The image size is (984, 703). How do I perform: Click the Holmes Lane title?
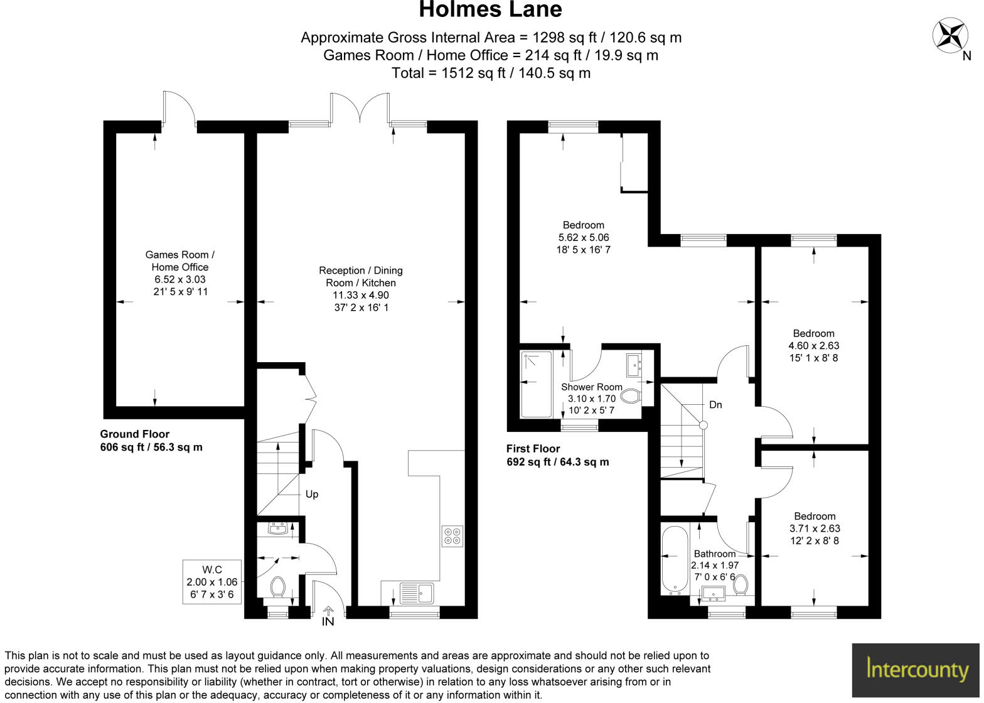tap(490, 10)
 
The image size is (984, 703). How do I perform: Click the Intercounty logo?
tap(917, 669)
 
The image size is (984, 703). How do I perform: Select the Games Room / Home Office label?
tap(180, 273)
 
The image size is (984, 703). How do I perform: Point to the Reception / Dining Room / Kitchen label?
tap(361, 289)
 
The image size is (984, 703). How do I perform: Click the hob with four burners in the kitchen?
tap(452, 535)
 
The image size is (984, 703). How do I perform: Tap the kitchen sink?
tap(416, 593)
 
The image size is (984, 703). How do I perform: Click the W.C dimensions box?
tap(212, 582)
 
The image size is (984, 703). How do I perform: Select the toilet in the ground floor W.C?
tap(277, 588)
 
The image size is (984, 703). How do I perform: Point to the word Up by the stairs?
tap(312, 494)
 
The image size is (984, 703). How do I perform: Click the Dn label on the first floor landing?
tap(715, 405)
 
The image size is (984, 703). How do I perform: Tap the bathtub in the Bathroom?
tap(675, 559)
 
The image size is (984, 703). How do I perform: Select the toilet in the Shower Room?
tap(630, 397)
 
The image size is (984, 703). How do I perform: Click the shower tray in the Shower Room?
tap(537, 384)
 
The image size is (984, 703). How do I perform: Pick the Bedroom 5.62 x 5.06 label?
tap(583, 237)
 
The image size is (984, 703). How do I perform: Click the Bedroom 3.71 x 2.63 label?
tap(815, 529)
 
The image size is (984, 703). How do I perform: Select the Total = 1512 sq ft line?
tap(491, 73)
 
